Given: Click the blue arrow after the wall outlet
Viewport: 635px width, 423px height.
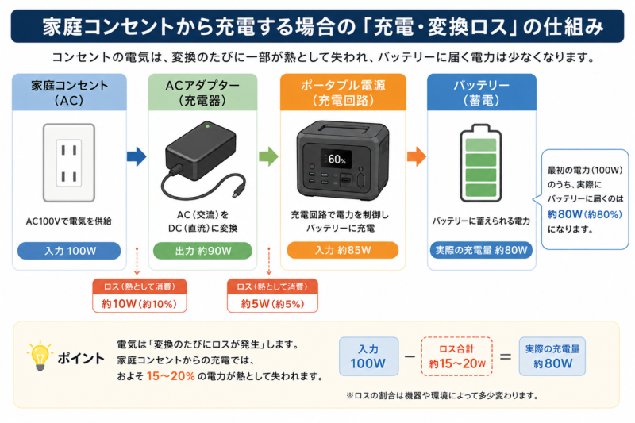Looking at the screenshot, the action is [x=137, y=156].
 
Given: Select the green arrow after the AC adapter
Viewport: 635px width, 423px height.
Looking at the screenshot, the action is [x=268, y=156].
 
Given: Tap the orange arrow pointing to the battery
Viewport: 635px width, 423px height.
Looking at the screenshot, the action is [x=416, y=156].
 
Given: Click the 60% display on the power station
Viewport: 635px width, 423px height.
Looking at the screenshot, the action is [x=336, y=159].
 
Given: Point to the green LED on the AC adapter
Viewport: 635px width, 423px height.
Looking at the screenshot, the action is [x=207, y=127].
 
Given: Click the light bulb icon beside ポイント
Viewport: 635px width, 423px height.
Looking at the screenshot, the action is [x=40, y=356].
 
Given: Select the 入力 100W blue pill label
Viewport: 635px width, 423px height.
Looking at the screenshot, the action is [x=69, y=251].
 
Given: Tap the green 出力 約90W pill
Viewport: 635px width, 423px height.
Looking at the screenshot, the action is [x=202, y=251].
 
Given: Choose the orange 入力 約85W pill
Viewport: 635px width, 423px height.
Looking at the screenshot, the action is [x=343, y=250].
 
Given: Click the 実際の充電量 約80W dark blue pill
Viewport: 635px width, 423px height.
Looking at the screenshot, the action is [x=481, y=250].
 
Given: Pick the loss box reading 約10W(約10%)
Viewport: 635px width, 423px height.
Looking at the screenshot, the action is [x=140, y=295].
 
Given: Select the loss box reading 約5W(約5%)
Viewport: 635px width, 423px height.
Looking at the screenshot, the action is [x=272, y=295].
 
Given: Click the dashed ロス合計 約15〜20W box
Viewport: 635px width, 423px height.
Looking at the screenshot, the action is [x=457, y=356].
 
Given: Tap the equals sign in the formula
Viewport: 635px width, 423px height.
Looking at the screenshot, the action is [x=506, y=356].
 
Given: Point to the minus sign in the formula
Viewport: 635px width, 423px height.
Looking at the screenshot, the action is [x=410, y=356].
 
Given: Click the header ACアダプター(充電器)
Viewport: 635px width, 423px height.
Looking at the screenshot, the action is [x=202, y=93].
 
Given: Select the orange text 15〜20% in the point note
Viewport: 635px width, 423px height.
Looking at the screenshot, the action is [x=171, y=376].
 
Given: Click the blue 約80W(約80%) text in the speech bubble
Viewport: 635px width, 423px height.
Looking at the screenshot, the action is [x=584, y=214].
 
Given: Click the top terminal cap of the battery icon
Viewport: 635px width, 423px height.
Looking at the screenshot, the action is [x=481, y=128].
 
